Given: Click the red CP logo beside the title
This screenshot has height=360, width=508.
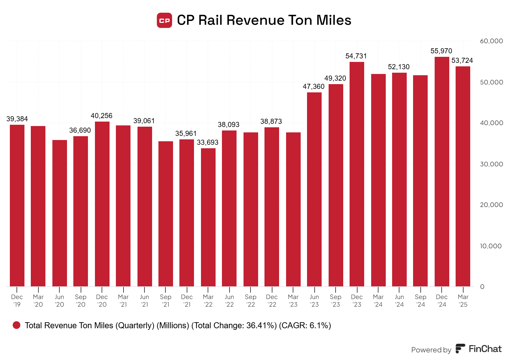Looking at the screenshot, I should (x=164, y=20).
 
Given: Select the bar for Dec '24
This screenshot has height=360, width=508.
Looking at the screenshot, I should (x=442, y=171).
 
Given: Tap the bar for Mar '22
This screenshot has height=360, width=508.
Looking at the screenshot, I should (x=208, y=217).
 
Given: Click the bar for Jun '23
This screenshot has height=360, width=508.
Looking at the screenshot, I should (x=314, y=189).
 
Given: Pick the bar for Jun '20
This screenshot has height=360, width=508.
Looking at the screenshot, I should (x=60, y=213).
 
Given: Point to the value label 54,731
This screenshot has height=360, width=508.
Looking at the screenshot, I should (x=356, y=56).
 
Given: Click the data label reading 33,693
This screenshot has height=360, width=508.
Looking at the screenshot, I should (x=208, y=143).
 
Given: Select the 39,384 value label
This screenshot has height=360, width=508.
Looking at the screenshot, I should (x=17, y=119).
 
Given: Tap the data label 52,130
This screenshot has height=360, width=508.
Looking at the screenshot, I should (x=399, y=67).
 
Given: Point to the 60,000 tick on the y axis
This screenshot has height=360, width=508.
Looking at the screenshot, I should (x=491, y=41).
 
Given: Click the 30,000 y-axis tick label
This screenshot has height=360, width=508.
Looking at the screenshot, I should (x=491, y=164).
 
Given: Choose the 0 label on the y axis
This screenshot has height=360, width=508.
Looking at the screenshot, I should (x=482, y=287).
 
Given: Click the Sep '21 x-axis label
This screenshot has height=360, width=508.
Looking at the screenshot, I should (x=166, y=301).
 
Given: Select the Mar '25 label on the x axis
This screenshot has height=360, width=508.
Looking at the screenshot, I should (x=463, y=301).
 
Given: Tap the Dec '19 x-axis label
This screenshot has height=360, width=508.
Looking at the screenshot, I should (x=17, y=301).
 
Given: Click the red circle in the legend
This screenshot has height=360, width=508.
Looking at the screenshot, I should (x=17, y=325).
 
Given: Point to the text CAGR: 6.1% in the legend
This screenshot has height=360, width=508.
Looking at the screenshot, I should (x=305, y=325).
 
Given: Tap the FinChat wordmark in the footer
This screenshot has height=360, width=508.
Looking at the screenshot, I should (x=485, y=349).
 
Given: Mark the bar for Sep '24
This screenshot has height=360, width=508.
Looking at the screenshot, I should (x=420, y=181).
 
